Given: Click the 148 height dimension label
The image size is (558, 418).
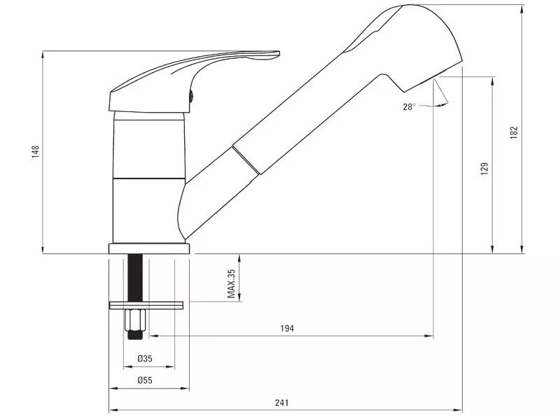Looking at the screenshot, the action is click(x=36, y=151).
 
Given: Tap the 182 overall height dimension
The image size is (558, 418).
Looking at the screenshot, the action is click(x=514, y=132).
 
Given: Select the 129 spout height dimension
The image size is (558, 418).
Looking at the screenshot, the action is click(x=484, y=169).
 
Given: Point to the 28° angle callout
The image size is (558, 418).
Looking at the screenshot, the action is click(x=409, y=106).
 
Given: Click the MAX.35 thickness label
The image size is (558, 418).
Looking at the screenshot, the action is click(x=231, y=284).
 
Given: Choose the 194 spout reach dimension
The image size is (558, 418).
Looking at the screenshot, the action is click(x=287, y=328).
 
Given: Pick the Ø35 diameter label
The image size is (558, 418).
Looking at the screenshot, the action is click(x=145, y=358).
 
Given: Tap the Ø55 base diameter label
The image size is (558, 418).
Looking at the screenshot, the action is click(x=145, y=380).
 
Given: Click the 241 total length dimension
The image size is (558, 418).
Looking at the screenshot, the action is click(x=282, y=403).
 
